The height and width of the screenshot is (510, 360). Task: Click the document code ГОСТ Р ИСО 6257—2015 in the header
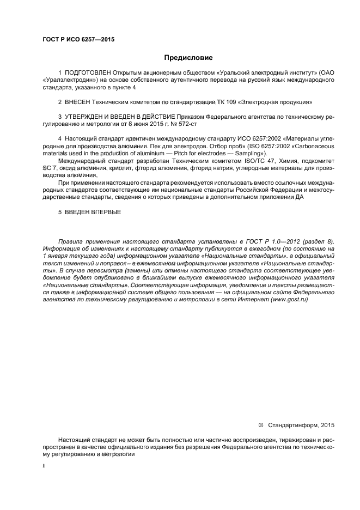tap(78, 39)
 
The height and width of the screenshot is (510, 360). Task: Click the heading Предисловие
tap(188, 57)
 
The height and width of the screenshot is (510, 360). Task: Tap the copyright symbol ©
tap(260, 425)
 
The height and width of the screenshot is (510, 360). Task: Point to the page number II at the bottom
tap(44, 466)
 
